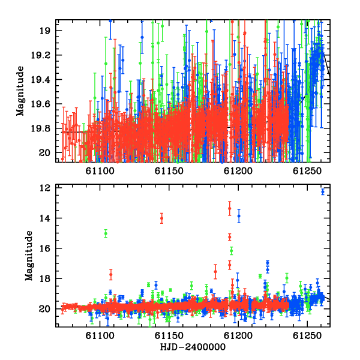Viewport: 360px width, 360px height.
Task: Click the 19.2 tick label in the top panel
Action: tap(40, 55)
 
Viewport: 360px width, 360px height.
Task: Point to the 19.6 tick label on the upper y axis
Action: tap(40, 104)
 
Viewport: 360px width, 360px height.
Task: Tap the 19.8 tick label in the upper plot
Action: tap(40, 128)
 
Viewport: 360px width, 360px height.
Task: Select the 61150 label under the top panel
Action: tap(169, 171)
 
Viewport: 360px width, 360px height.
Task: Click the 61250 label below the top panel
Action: tap(307, 171)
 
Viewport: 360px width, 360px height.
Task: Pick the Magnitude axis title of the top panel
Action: tap(20, 91)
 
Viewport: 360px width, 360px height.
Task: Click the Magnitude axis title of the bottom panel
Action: tap(29, 256)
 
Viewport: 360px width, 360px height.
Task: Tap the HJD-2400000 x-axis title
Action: tap(193, 347)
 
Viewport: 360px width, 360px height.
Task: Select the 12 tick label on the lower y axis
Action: tap(44, 188)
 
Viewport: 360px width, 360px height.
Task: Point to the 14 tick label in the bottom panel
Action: tap(44, 218)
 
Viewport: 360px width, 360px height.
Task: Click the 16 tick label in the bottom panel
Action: tap(44, 248)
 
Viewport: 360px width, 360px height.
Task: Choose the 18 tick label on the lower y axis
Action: tap(44, 279)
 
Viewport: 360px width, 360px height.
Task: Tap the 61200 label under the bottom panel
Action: tap(238, 335)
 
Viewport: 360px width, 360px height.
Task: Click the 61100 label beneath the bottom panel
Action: tap(100, 335)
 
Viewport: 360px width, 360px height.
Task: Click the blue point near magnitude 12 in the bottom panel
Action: tap(323, 192)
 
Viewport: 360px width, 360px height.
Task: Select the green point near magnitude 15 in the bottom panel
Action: tap(106, 233)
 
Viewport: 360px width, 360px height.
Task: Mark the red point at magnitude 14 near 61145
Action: tap(161, 218)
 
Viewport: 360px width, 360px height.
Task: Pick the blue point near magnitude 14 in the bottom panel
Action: tap(239, 216)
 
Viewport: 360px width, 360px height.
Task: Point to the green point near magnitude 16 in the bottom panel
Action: tap(232, 251)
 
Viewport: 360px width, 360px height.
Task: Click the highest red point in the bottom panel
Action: tap(230, 208)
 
